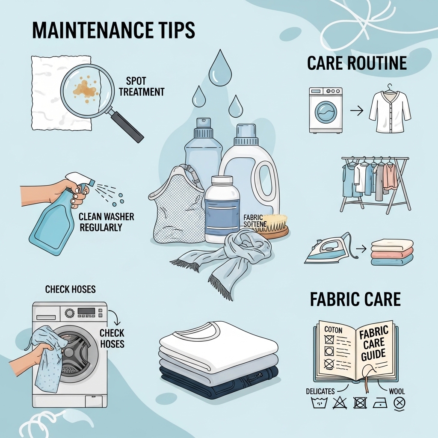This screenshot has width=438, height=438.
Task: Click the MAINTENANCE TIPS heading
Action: click(113, 30)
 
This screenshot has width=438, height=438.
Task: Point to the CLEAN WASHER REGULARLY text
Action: click(106, 221)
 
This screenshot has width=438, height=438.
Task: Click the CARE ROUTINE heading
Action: click(356, 63)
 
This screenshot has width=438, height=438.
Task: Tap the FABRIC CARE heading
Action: click(355, 299)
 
